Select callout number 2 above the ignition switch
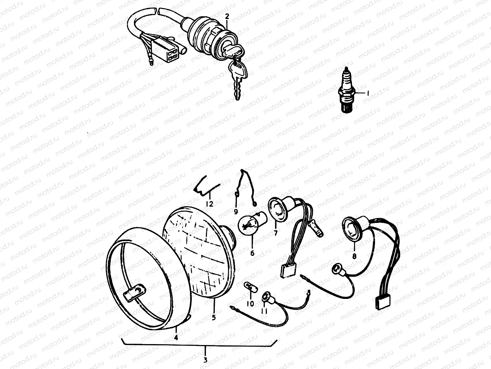coord(227,16)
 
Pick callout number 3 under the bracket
coord(205,360)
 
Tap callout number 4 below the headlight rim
coord(176,337)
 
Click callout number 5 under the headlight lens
coord(214,317)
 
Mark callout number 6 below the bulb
coord(252,253)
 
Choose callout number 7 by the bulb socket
coord(275,233)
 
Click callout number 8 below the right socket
coord(354,256)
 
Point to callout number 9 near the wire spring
coord(236,212)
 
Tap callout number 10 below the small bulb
coord(250,304)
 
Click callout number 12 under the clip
coord(210,204)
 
